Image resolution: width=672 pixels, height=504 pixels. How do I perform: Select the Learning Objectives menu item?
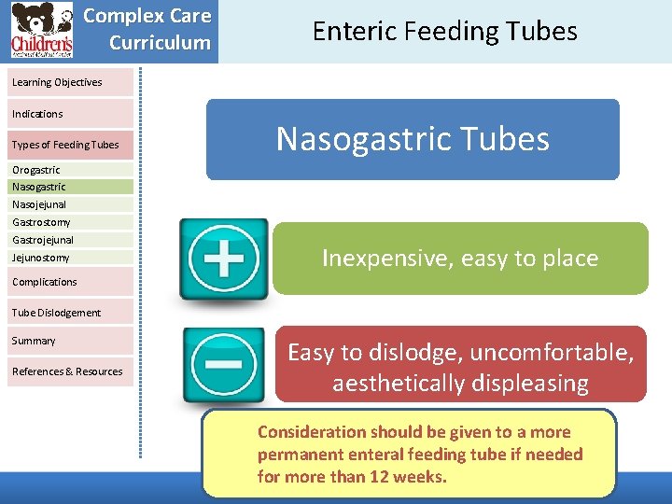click(x=57, y=82)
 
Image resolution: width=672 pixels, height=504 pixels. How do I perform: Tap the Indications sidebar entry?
click(x=37, y=114)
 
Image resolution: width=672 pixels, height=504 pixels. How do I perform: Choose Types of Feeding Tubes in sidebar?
click(x=65, y=145)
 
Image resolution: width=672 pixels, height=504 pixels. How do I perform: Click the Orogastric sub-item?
click(x=36, y=170)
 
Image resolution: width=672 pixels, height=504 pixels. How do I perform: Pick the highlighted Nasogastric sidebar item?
click(x=39, y=187)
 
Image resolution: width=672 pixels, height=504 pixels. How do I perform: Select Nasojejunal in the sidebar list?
click(x=39, y=204)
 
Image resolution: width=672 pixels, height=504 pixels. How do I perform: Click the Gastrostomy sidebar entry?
click(x=41, y=222)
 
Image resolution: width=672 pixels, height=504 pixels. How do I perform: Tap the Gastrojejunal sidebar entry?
click(x=43, y=240)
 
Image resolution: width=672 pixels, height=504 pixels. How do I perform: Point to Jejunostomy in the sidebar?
click(x=41, y=258)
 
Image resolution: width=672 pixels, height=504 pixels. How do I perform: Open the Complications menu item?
click(x=45, y=282)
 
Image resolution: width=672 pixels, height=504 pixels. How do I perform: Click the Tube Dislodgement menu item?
click(x=56, y=313)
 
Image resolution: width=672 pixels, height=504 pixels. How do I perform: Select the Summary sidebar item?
click(x=34, y=341)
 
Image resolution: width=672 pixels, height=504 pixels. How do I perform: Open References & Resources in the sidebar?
click(x=67, y=371)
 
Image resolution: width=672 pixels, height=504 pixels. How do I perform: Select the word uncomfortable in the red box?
click(x=556, y=353)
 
